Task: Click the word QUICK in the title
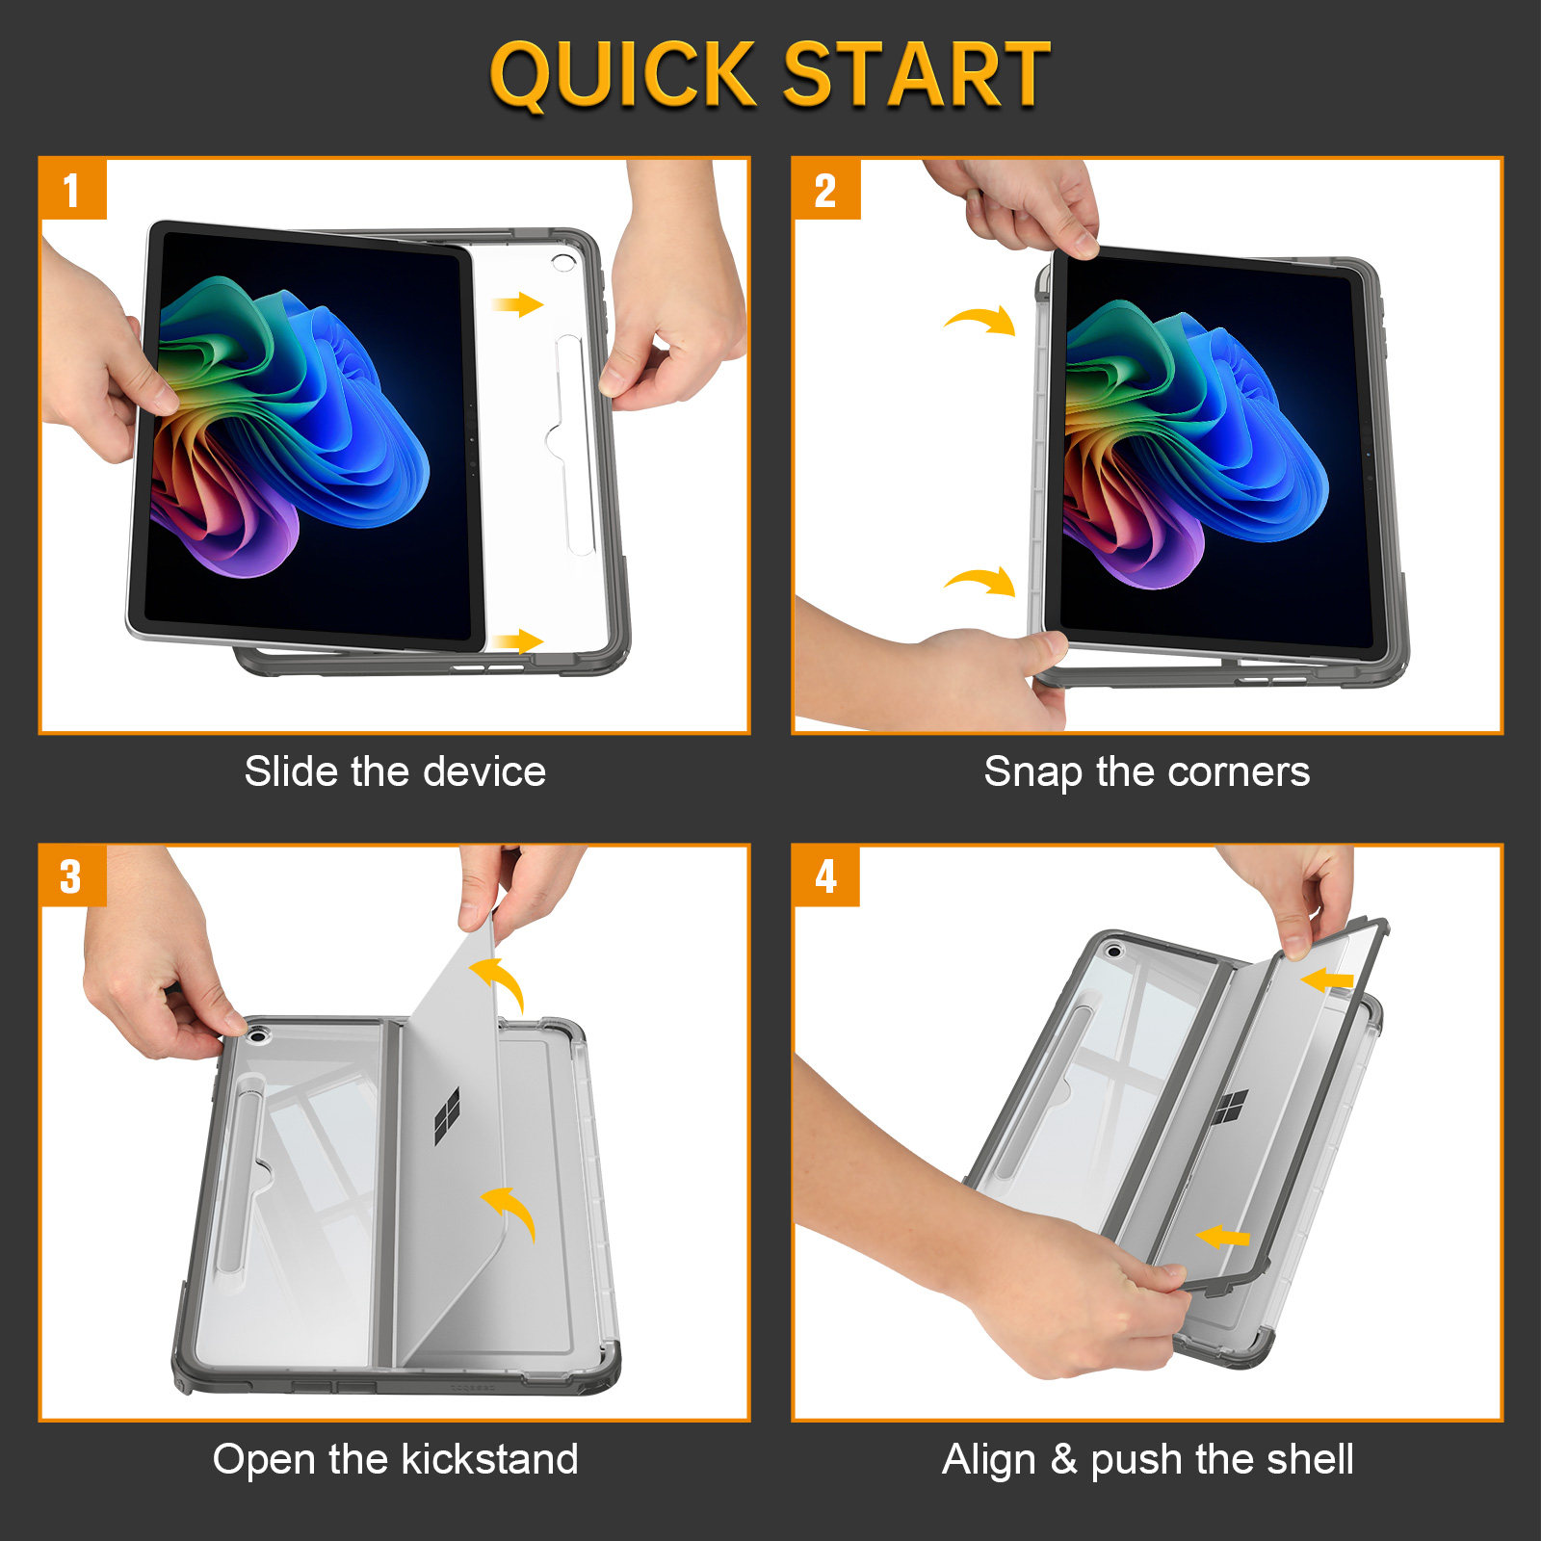click(623, 75)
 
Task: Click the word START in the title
click(916, 74)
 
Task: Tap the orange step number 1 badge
click(72, 190)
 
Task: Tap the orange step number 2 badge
click(825, 190)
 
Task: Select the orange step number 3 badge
click(72, 876)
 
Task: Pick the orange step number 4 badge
click(825, 876)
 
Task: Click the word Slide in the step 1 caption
click(292, 771)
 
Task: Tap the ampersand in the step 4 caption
click(1063, 1459)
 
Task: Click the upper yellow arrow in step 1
click(518, 305)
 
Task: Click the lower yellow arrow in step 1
click(518, 640)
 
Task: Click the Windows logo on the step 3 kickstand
click(447, 1116)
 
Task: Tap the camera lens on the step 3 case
click(257, 1036)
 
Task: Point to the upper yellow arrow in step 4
click(1327, 980)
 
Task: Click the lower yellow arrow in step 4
click(1222, 1237)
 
